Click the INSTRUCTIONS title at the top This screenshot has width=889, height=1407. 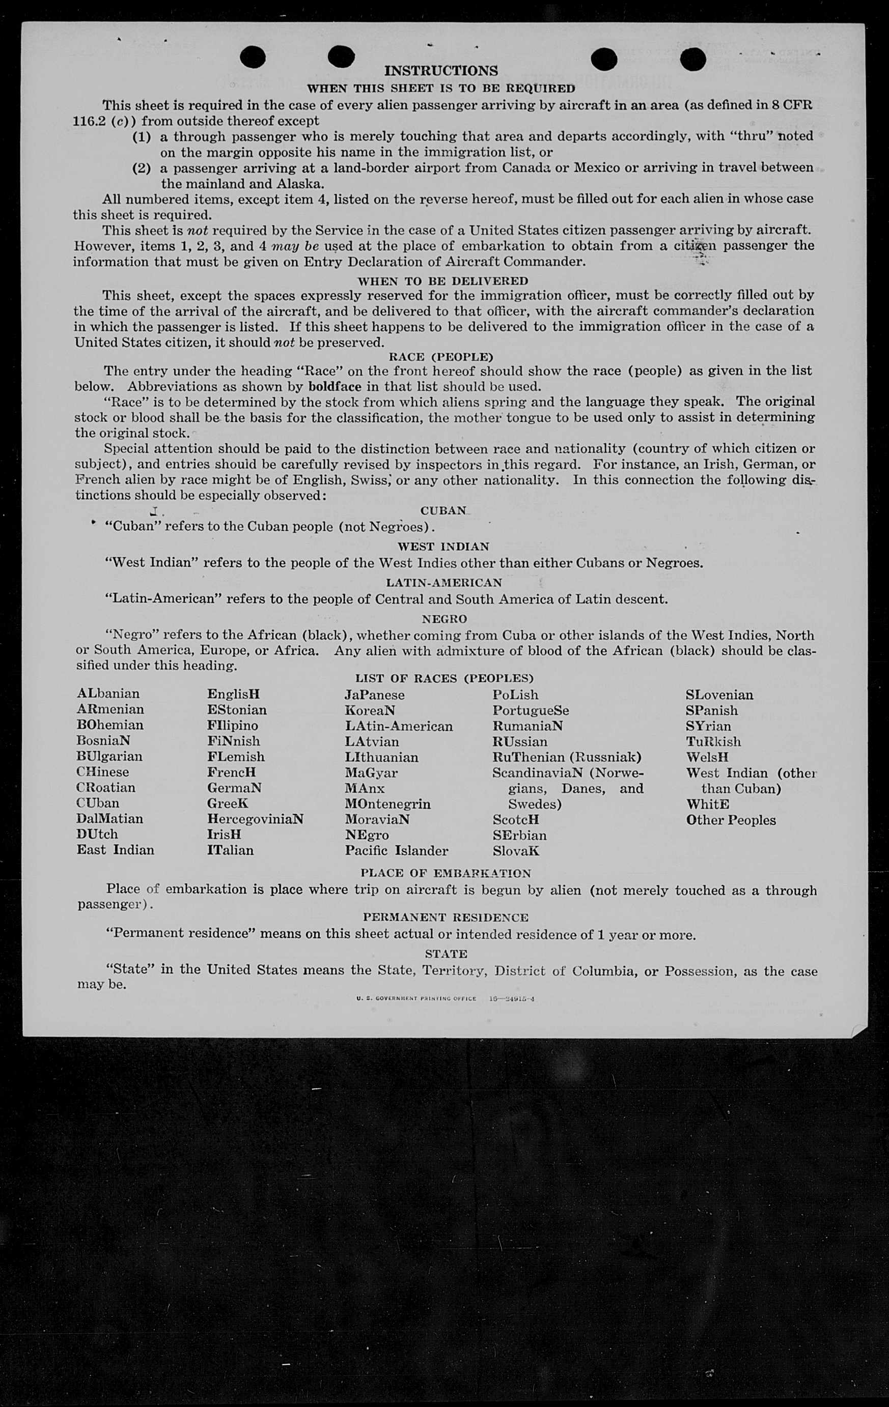click(441, 71)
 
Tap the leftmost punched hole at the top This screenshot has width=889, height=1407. click(252, 58)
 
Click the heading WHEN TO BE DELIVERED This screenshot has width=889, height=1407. click(442, 280)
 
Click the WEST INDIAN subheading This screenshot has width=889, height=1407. click(443, 547)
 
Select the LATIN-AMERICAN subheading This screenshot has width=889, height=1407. click(443, 583)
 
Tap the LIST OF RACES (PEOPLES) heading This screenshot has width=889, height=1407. click(444, 678)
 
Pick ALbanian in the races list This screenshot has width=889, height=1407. click(108, 694)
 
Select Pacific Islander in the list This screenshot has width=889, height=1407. click(396, 850)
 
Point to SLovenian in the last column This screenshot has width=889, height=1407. click(719, 695)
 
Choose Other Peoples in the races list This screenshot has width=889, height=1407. click(731, 820)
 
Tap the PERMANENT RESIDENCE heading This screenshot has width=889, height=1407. click(446, 917)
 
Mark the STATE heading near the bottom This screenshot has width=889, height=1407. click(446, 954)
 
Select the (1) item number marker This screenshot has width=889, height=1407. click(142, 137)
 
